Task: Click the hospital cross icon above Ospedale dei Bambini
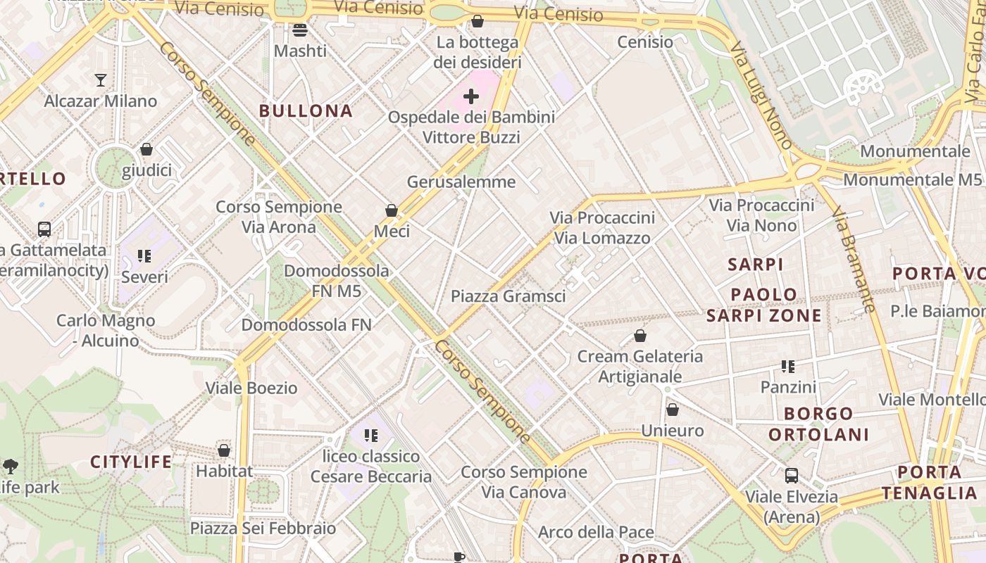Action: tap(471, 96)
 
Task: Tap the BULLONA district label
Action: tap(306, 110)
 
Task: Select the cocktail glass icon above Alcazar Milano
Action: tap(101, 80)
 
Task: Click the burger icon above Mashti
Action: tap(300, 30)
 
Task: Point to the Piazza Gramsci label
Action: tap(508, 296)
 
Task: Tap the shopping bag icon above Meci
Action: tap(392, 210)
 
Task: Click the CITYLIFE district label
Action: tap(131, 462)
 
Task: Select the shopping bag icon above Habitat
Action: tap(224, 450)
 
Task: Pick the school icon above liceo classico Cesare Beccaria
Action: tap(371, 436)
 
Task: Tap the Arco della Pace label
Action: tap(596, 532)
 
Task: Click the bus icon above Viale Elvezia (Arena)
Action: tap(792, 476)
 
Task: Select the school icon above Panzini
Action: tap(787, 367)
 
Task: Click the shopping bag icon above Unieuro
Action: tap(673, 410)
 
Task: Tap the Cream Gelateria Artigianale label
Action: tap(639, 367)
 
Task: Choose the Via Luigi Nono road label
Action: tap(761, 96)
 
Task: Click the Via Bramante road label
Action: tap(853, 259)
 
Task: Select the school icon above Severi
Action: tap(144, 256)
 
